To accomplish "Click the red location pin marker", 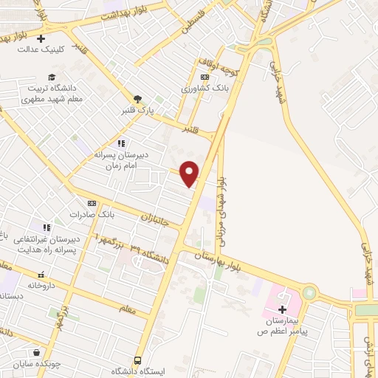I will (x=190, y=173).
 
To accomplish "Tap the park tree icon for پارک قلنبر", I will (x=137, y=98).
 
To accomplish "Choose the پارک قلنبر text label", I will (x=137, y=111).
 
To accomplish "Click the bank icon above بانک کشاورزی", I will (x=204, y=77).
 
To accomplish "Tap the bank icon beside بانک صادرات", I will (x=92, y=202).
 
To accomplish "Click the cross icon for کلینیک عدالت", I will (x=41, y=38).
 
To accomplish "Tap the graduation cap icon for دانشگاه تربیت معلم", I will (x=52, y=77).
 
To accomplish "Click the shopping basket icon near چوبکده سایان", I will (x=35, y=352).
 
